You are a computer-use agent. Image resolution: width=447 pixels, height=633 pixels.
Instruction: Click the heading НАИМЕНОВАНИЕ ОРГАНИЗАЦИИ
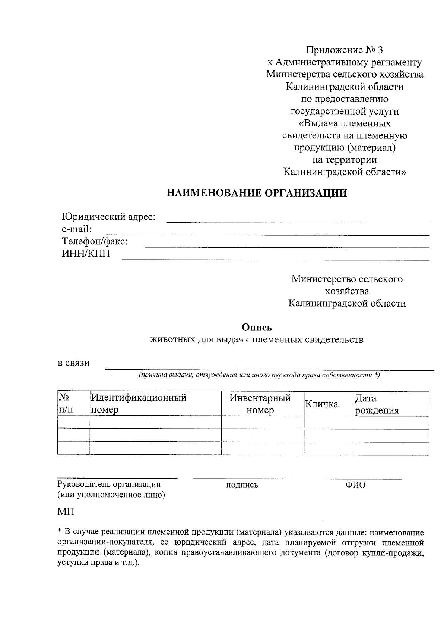(257, 193)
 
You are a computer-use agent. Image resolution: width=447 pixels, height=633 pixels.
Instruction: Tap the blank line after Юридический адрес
(297, 222)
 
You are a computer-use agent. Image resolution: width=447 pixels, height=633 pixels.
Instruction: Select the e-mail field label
(76, 229)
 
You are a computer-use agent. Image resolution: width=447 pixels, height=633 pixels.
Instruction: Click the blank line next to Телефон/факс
(286, 246)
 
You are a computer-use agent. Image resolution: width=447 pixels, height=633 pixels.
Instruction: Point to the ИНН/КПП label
(86, 254)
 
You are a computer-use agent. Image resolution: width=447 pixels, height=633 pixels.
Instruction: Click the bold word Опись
(257, 328)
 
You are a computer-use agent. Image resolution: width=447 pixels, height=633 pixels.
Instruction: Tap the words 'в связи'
(73, 363)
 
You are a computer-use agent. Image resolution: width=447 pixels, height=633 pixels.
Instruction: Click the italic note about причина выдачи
(259, 375)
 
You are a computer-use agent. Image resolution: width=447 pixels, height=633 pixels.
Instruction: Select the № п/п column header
(66, 404)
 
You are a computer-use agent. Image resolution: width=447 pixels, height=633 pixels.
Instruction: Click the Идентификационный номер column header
(139, 404)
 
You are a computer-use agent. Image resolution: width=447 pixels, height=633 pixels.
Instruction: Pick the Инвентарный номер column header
(260, 404)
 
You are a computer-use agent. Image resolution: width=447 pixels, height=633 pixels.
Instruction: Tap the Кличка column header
(321, 404)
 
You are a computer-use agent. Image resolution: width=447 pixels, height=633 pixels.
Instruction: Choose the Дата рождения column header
(377, 404)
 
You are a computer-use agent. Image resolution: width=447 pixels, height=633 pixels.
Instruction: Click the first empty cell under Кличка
(329, 422)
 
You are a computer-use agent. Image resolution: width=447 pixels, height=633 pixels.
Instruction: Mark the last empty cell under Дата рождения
(391, 448)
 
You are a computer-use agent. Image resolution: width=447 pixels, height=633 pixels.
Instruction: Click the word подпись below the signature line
(242, 485)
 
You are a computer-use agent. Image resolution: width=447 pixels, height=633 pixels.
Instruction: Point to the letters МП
(66, 512)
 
